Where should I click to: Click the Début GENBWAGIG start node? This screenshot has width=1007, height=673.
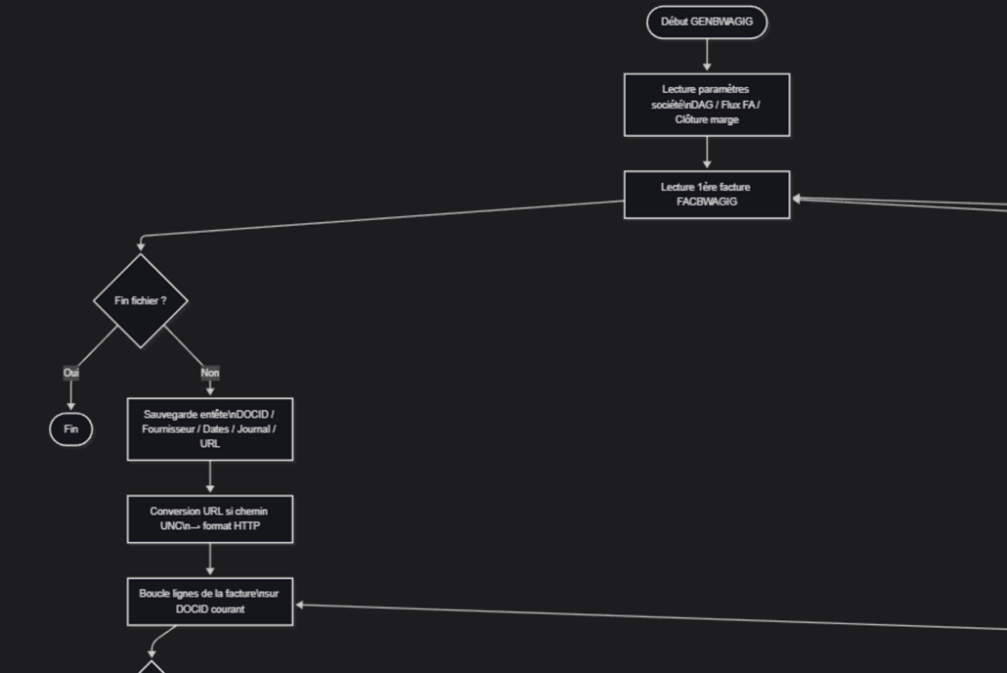coord(707,22)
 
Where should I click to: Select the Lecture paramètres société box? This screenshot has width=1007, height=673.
coord(707,105)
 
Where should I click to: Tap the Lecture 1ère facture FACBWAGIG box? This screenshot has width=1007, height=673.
coord(707,195)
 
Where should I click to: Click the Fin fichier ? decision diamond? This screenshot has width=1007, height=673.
coord(141,300)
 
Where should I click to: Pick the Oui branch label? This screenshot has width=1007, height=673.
coord(71,373)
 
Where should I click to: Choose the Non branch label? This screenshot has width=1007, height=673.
coord(210,373)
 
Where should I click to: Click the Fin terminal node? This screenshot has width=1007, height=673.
coord(71,429)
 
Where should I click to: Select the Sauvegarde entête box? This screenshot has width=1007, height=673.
coord(210,428)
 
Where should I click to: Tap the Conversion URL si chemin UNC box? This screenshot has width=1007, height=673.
coord(210,518)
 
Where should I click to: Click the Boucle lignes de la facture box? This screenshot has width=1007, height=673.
coord(210,602)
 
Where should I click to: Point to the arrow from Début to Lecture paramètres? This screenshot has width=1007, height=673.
coord(707,55)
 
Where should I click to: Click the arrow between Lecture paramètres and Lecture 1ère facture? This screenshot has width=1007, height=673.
coord(707,153)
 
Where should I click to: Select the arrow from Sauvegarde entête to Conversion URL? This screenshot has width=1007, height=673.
coord(210,477)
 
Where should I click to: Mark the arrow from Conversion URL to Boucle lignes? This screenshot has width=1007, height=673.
coord(210,560)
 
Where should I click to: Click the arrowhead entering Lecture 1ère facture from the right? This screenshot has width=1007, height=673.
coord(797,199)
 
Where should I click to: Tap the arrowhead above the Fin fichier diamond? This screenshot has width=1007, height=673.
coord(141,246)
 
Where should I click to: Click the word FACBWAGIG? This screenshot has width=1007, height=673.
coord(707,202)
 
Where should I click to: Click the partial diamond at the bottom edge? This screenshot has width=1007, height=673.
coord(152,667)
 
